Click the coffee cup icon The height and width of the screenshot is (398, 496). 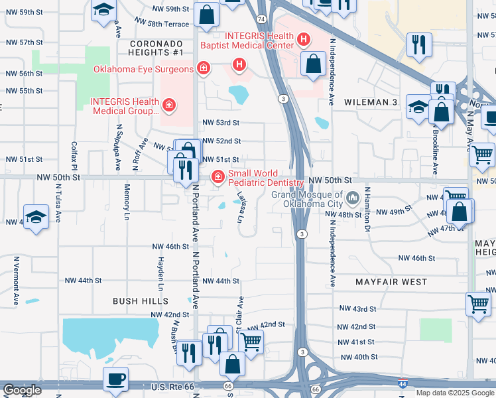point(116,379)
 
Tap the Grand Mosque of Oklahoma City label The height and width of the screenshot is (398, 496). point(308,198)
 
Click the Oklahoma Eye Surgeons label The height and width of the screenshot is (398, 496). point(143,69)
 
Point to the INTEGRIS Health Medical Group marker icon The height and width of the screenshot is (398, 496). point(169,105)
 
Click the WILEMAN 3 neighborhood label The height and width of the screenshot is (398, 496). point(371,102)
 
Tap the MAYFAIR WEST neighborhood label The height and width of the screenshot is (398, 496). point(391,282)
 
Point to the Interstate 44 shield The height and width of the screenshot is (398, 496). point(403,383)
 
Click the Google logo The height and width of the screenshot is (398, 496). point(22,390)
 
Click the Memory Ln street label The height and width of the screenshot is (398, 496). point(127,202)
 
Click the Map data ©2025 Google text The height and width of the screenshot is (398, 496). point(454,393)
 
